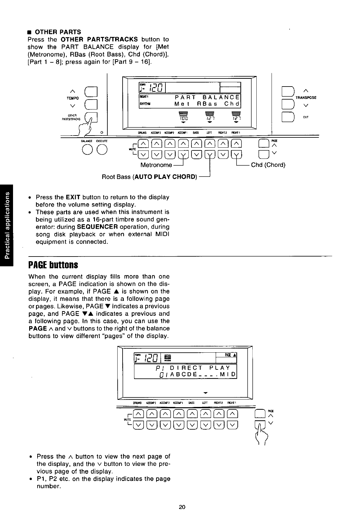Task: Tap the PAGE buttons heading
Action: pyautogui.click(x=53, y=266)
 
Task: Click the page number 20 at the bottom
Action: pyautogui.click(x=182, y=507)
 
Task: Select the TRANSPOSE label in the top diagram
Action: pyautogui.click(x=306, y=98)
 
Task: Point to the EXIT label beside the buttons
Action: pyautogui.click(x=306, y=117)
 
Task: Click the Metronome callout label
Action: pyautogui.click(x=156, y=165)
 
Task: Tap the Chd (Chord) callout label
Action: pyautogui.click(x=268, y=165)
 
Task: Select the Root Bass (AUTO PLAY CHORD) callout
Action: pyautogui.click(x=149, y=177)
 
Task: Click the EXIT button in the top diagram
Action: pyautogui.click(x=287, y=117)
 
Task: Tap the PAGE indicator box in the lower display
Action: pyautogui.click(x=226, y=355)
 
